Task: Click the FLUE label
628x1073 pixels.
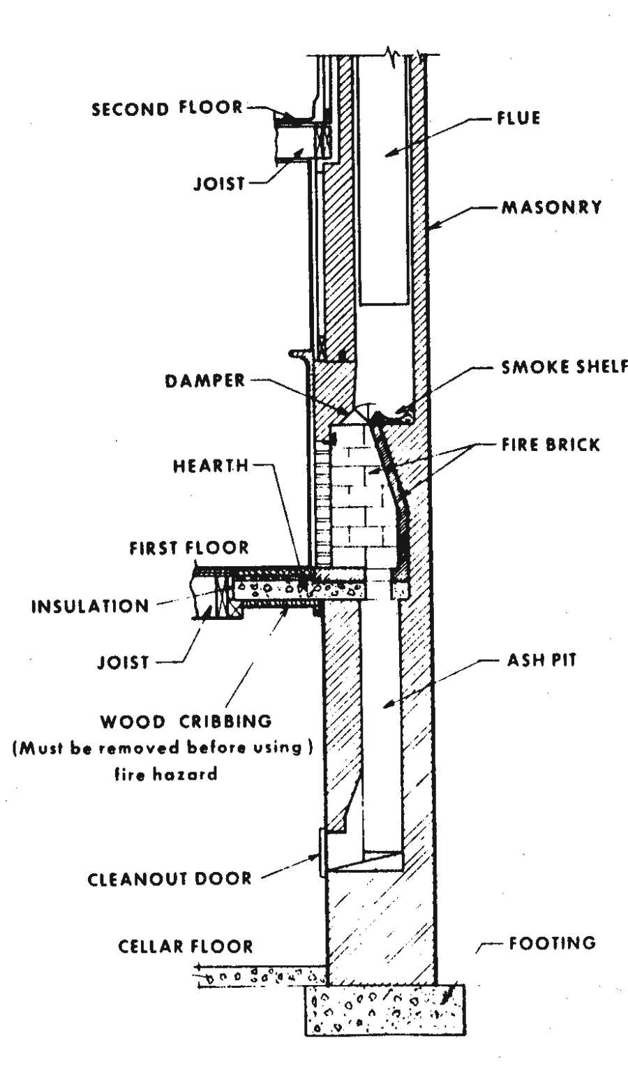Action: [518, 118]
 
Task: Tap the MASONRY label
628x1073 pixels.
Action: [551, 207]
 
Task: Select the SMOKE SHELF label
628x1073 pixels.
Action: [564, 367]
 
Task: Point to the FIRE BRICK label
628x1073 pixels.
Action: [551, 444]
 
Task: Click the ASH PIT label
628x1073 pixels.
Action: [541, 660]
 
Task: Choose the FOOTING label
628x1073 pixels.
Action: [552, 943]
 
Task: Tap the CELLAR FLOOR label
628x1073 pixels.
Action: [186, 947]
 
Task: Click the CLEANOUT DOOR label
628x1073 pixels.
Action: [170, 878]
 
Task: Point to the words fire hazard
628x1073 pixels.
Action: [166, 774]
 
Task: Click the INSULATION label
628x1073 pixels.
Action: [90, 605]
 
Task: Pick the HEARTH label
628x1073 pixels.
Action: [211, 466]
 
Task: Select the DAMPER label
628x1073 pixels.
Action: [205, 381]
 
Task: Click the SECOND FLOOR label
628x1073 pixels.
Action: [167, 108]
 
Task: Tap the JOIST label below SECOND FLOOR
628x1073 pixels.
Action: [219, 184]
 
